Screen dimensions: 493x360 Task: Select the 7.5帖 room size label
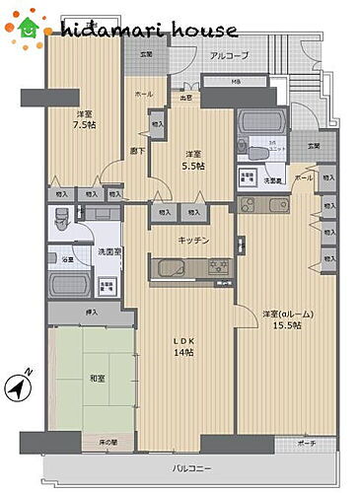click(85, 125)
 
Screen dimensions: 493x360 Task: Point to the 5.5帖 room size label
click(193, 166)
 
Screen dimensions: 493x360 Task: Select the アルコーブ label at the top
click(229, 56)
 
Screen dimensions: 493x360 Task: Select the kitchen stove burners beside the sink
click(218, 267)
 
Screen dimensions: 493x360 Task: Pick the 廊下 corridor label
click(139, 150)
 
